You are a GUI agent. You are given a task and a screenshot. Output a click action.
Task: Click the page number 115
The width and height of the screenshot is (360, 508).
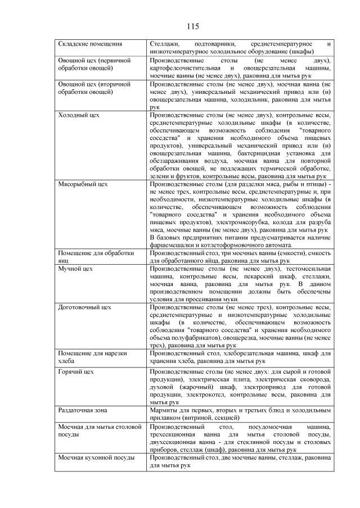point(192,26)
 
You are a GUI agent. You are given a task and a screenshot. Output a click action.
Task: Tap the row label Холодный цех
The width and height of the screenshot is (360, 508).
point(79,115)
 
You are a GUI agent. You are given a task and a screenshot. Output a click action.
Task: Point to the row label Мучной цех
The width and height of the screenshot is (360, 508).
point(75,269)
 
